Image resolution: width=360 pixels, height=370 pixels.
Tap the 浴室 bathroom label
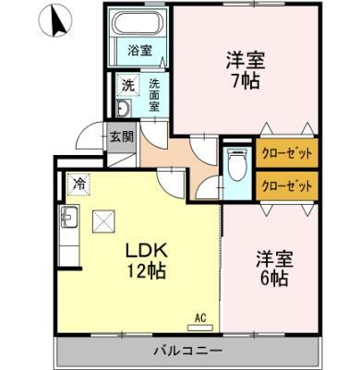coord(139,52)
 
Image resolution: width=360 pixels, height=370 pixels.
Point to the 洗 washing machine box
coord(129,85)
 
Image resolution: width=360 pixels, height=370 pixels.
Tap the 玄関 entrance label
coord(122,137)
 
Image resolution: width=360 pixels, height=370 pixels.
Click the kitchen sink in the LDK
coord(70,219)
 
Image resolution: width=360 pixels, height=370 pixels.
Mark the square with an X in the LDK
coord(102,220)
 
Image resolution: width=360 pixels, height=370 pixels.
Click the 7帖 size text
coord(246,80)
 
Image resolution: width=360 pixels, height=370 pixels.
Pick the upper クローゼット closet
coord(286,153)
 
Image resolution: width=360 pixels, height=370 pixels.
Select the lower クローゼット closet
coord(286,185)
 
